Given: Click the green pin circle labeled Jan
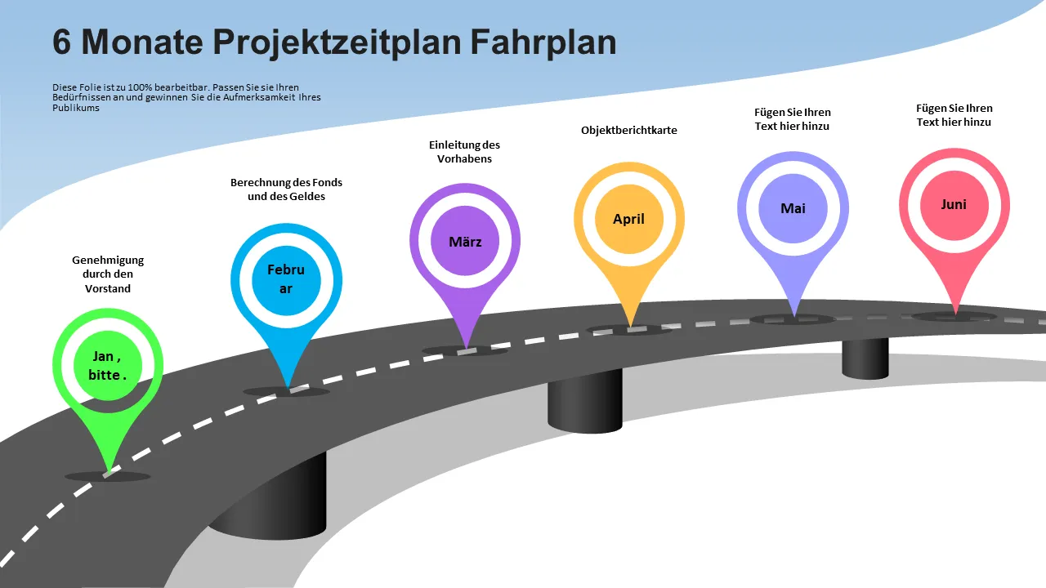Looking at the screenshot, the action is (x=108, y=365).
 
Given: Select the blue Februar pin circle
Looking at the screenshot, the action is (x=286, y=280).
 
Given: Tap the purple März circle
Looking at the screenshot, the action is (x=465, y=241).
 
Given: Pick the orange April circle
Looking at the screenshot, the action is (x=629, y=219).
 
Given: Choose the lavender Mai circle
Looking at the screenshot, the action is (x=793, y=208).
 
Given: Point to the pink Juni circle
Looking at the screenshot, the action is (x=954, y=205).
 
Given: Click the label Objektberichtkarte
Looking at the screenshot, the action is (x=629, y=130).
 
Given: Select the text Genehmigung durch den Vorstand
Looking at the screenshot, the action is (x=108, y=274).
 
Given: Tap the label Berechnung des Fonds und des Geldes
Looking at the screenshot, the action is (x=286, y=189).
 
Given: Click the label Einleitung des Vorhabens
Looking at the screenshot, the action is (x=465, y=152).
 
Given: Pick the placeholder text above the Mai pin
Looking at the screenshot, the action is (x=793, y=119).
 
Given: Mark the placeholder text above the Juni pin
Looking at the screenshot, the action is (x=954, y=115).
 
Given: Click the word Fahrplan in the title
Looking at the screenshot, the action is (x=543, y=42).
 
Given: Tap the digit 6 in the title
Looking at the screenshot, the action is (x=61, y=42).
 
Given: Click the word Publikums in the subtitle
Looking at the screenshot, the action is (x=76, y=108).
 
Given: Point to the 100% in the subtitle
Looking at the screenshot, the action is (x=140, y=87).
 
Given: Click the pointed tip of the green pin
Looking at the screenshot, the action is (x=109, y=472).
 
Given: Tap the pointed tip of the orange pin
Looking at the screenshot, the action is (x=631, y=326).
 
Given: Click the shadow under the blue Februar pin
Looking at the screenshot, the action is (x=286, y=392).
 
